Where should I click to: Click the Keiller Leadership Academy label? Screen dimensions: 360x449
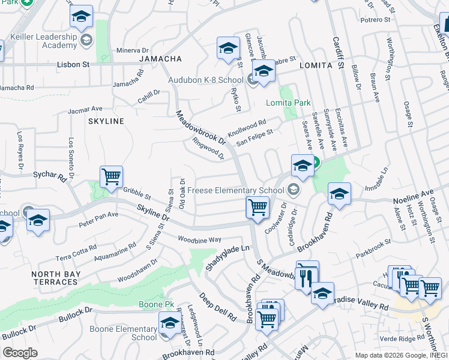coord(40,41)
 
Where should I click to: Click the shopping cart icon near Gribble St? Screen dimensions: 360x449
coord(111,177)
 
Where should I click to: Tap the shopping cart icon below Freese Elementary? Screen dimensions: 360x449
coord(258,208)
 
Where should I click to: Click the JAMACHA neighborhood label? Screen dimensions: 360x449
coord(160,59)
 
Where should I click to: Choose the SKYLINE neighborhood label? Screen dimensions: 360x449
coord(106,121)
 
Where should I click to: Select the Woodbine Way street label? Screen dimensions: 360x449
coord(199,239)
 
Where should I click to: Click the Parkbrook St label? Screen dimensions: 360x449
coord(372,243)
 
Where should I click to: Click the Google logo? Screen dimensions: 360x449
coord(20,353)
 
